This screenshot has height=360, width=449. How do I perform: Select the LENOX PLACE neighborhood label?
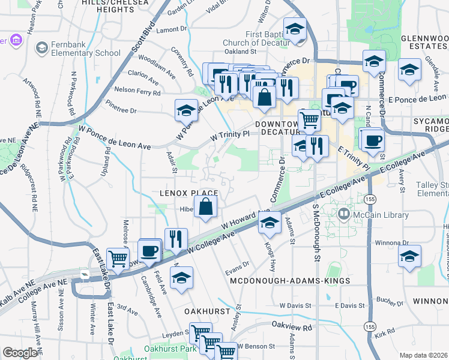188,193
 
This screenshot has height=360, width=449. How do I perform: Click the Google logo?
20,353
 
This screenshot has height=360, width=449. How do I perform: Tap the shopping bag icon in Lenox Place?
205,207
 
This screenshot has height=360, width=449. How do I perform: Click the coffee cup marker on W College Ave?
149,250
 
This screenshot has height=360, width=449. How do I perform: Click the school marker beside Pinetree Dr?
186,110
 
